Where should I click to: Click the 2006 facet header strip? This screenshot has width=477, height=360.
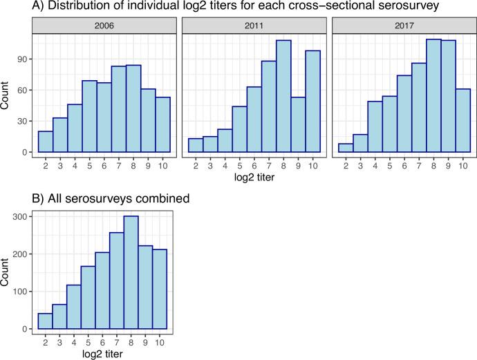coord(104,26)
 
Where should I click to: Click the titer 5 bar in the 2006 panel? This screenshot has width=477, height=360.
coord(90,117)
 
